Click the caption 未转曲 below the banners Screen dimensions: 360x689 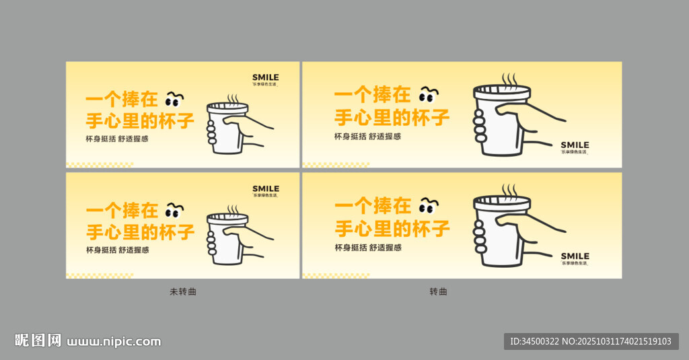(x=183, y=291)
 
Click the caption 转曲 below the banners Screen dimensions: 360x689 (x=438, y=291)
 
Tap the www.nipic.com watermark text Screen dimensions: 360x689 (x=114, y=341)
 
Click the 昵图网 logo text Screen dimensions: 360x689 (x=38, y=340)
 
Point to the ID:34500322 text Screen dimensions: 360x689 (x=536, y=341)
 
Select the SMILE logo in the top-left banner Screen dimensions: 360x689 (x=265, y=77)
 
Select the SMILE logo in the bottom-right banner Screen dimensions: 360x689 (x=575, y=256)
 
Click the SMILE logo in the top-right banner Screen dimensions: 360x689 (x=575, y=145)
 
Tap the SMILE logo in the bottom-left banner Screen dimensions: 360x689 (x=265, y=189)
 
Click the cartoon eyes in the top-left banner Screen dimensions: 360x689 (x=175, y=100)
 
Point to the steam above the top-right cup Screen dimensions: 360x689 (x=509, y=80)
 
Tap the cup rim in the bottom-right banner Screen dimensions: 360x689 (x=502, y=201)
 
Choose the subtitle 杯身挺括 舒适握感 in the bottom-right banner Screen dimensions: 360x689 (x=367, y=247)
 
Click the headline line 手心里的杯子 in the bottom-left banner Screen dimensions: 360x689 (x=140, y=232)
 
